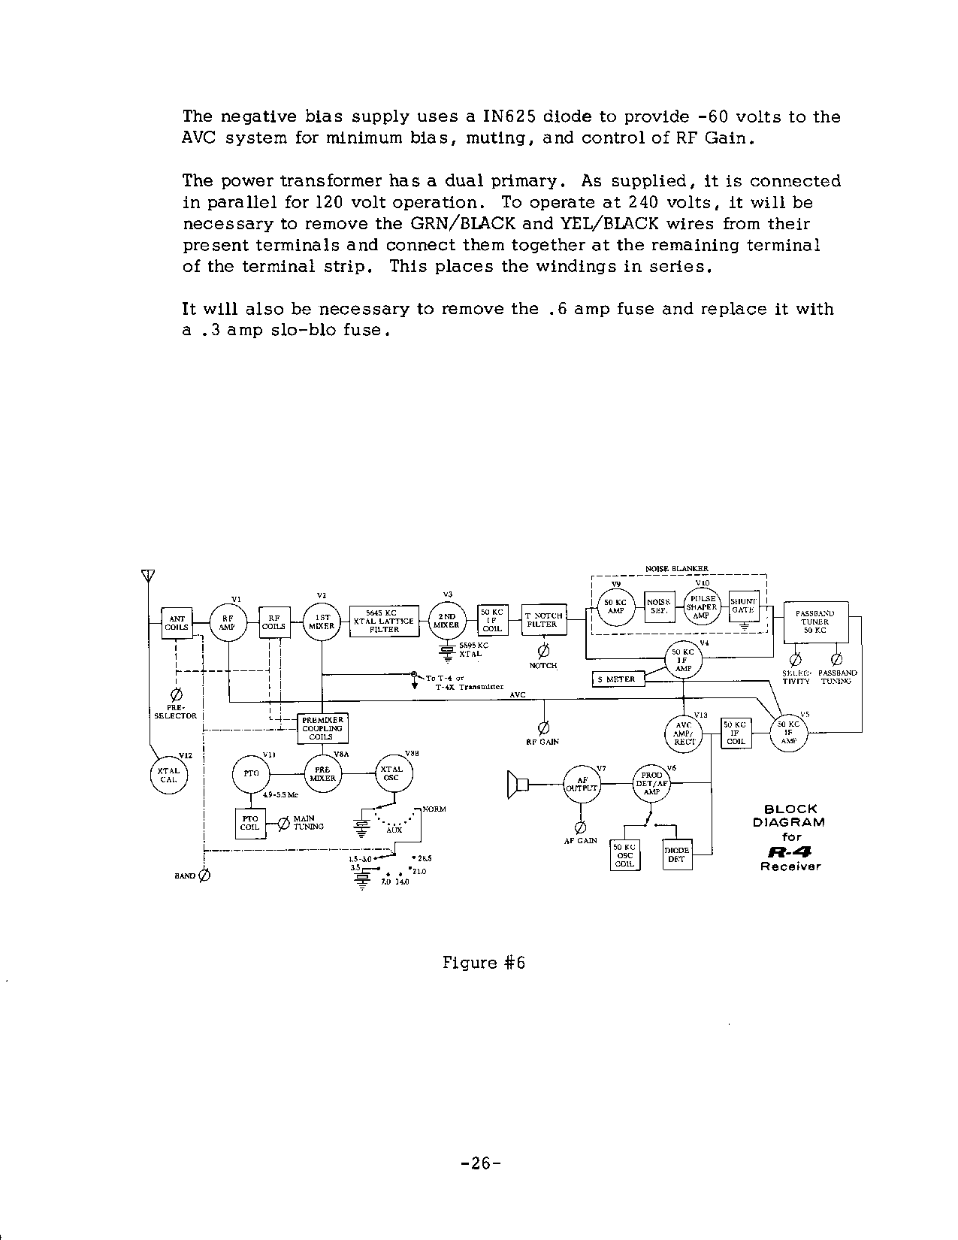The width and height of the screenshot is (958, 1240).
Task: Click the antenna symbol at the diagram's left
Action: (147, 576)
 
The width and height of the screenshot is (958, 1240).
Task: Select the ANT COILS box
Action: (177, 623)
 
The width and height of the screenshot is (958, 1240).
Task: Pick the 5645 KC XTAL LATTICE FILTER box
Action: (384, 622)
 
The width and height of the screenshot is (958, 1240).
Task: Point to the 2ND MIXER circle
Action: (447, 621)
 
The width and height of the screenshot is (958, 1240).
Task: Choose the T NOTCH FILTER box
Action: (543, 620)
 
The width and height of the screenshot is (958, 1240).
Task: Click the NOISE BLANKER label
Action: (677, 569)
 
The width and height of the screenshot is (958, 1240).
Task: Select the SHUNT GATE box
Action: (743, 606)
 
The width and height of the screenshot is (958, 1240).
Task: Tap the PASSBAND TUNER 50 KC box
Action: (815, 622)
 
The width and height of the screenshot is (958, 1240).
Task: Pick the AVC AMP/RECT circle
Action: (683, 731)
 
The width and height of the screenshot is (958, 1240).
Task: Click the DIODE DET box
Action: (677, 854)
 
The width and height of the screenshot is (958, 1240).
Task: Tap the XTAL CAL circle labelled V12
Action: (168, 775)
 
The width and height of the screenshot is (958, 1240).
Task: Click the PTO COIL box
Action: (249, 823)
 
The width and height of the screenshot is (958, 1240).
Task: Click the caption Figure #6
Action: (483, 963)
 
